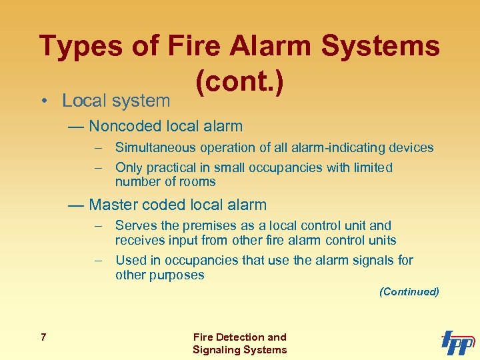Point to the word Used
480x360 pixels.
tap(129, 260)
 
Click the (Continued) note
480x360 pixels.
tap(409, 291)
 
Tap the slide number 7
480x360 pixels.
tap(43, 337)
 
